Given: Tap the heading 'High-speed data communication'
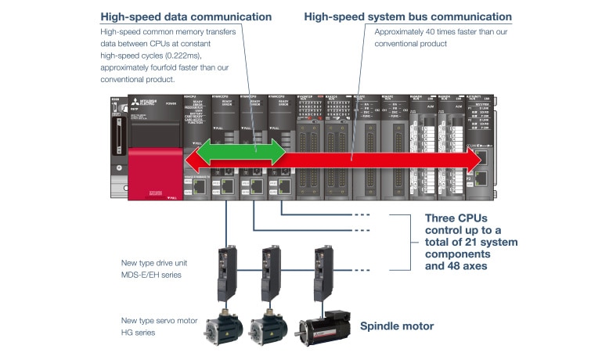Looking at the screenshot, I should [186, 16].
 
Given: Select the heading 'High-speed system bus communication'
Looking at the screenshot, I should [408, 16].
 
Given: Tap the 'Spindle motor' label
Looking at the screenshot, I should [398, 326].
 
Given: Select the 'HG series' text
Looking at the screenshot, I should [139, 333].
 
